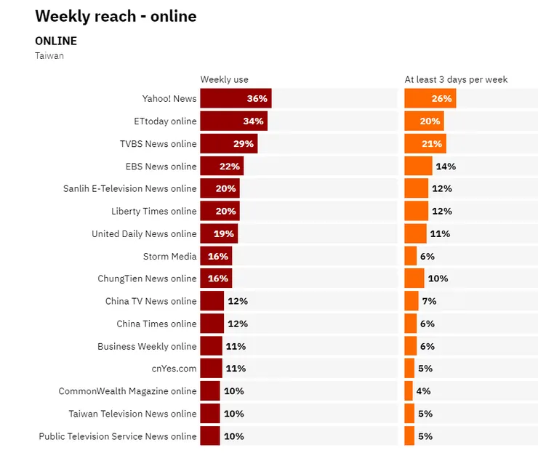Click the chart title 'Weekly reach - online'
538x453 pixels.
tap(116, 16)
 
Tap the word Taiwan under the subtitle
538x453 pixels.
tap(49, 55)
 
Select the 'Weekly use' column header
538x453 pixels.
tap(224, 79)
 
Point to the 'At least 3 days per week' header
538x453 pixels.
tap(456, 79)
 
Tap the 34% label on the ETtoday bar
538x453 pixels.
tap(253, 121)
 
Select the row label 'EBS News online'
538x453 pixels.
tap(161, 167)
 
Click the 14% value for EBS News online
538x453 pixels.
tap(446, 167)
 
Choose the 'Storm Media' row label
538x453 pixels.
tap(169, 256)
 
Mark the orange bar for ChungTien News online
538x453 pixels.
tap(414, 278)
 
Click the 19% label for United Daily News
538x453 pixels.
tap(224, 233)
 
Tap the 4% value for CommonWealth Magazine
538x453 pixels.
tap(423, 391)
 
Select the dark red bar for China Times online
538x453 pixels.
tap(212, 324)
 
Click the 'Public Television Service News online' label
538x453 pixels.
tap(118, 436)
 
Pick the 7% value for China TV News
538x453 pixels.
tap(428, 301)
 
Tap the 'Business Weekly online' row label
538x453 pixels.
tap(147, 346)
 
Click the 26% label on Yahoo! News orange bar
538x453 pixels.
tap(441, 99)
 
